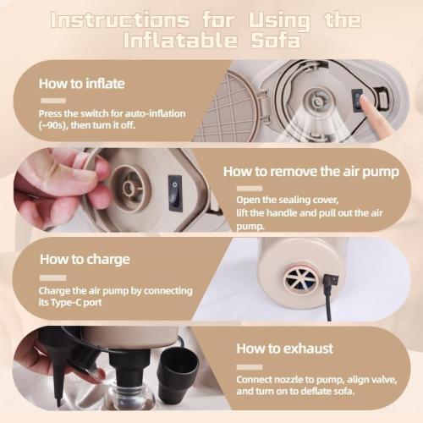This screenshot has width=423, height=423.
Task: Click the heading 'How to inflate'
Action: [81, 84]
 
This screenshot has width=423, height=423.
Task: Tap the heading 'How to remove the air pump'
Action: [311, 172]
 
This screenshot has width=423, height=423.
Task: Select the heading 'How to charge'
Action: [85, 260]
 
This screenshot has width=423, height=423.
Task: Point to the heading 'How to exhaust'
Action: [284, 349]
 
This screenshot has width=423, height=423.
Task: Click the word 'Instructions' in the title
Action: [120, 20]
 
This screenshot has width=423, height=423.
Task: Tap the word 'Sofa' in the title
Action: [276, 41]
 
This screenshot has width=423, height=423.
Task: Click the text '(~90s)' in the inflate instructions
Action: [52, 125]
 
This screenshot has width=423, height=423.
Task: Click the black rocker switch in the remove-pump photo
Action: [175, 193]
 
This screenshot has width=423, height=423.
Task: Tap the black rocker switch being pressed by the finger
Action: [358, 101]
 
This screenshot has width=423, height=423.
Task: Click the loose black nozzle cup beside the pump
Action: [179, 368]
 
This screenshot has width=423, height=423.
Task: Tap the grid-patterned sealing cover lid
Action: [230, 107]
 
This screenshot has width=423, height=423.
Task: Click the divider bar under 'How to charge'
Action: [53, 278]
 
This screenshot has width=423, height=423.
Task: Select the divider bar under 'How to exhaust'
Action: [250, 367]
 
